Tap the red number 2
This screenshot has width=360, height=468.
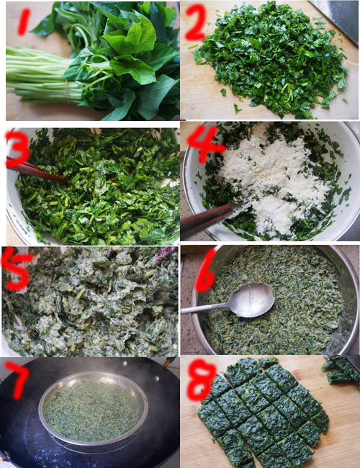point(194,24)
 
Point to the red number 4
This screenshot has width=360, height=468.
point(206,143)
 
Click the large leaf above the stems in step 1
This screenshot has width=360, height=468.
point(133,43)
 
